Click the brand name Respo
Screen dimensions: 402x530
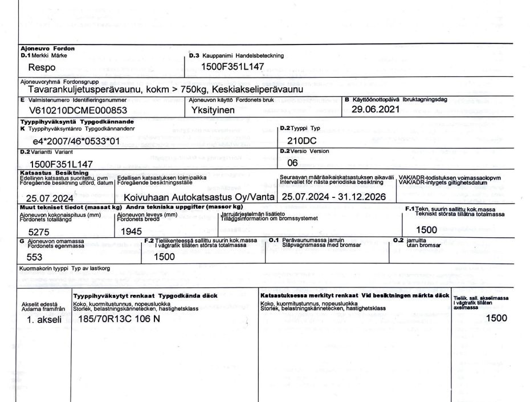coord(42,67)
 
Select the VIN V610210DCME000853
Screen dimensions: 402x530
coord(78,111)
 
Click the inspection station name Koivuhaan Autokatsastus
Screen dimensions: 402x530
coord(199,197)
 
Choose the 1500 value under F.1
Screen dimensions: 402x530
coord(427,230)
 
